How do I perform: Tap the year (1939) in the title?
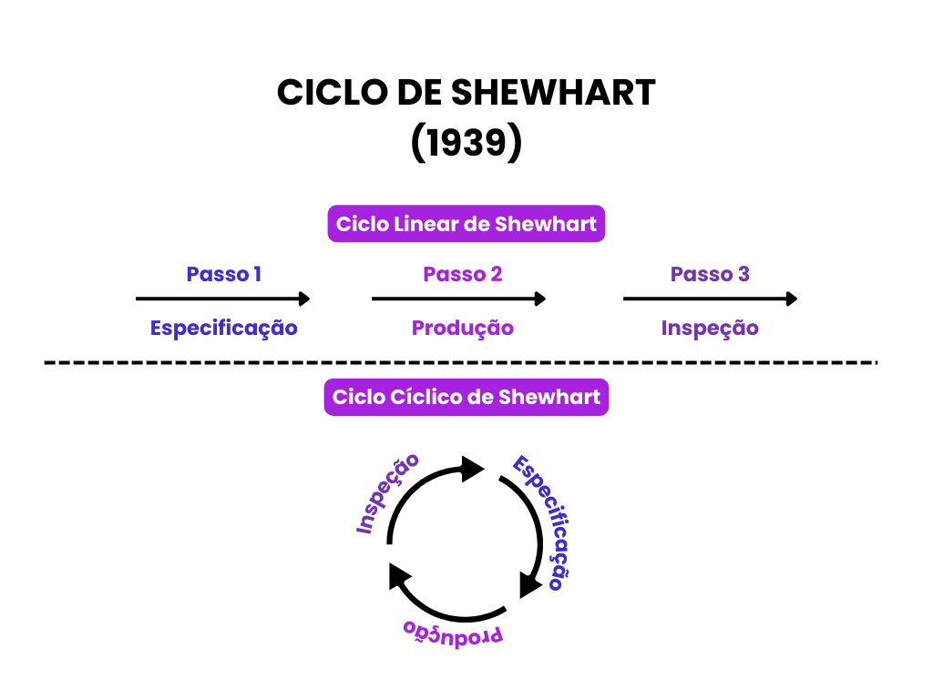pos(466,144)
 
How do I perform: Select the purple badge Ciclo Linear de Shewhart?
pos(466,224)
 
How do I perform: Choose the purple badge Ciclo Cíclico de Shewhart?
pos(466,397)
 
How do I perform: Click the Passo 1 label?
pos(223,274)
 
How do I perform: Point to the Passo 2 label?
pos(463,274)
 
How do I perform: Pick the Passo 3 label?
pos(710,274)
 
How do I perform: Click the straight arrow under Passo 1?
pos(223,299)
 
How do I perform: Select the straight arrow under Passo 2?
pos(459,299)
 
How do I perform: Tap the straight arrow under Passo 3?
pos(711,299)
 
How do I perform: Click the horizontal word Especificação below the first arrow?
pos(224,328)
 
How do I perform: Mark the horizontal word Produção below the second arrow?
pos(463,328)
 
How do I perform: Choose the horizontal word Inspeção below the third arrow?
pos(710,328)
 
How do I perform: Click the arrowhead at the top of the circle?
pos(473,469)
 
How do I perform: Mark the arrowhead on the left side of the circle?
pos(398,575)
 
